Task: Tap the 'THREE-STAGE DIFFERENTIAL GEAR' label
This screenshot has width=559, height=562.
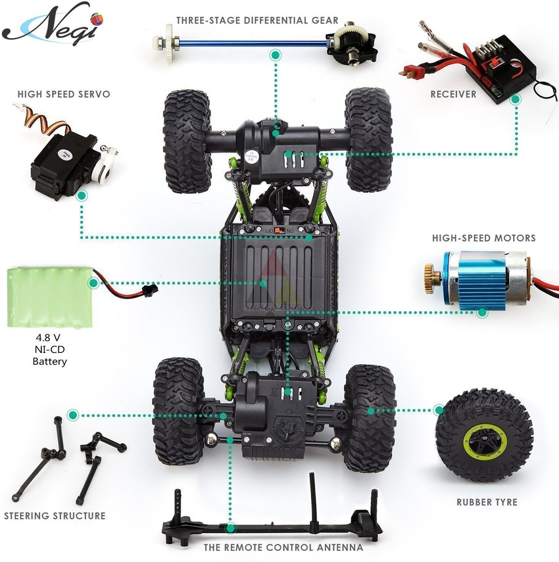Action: point(257,20)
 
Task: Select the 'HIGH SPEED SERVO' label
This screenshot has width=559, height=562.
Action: point(64,94)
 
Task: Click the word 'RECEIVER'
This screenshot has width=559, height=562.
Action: point(453,94)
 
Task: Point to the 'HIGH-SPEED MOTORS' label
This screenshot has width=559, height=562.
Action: point(484,238)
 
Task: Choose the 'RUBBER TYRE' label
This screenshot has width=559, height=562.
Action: point(487,502)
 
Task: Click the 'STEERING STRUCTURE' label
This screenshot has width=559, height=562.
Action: point(55,516)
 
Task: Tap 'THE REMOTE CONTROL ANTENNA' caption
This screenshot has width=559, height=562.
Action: point(283,548)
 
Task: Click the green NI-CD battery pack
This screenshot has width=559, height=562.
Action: point(50,297)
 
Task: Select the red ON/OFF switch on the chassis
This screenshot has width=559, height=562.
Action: point(279,230)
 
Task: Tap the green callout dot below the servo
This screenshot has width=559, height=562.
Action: point(82,196)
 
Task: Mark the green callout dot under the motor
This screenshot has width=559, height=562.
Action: point(483,312)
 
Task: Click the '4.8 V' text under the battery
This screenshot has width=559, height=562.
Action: point(48,338)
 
